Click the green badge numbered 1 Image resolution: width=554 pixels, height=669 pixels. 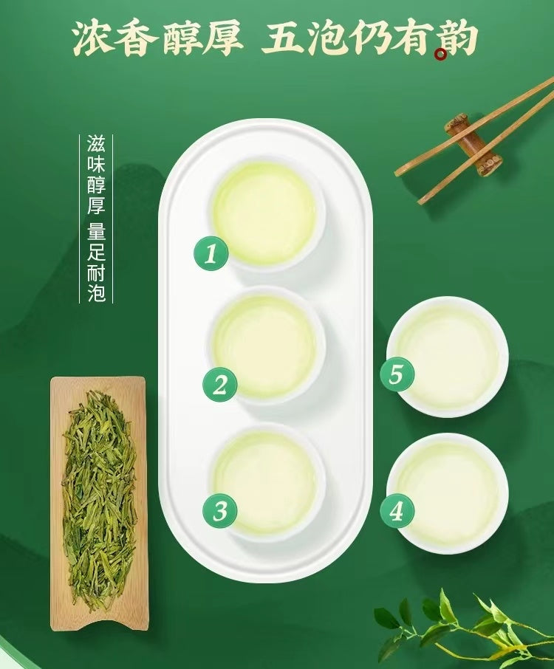[211, 254]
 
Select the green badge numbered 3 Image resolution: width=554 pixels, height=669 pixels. [220, 509]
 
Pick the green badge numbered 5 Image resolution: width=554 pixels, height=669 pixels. [396, 374]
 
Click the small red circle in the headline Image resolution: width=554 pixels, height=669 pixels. [441, 54]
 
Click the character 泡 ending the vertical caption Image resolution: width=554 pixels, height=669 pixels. [96, 294]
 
